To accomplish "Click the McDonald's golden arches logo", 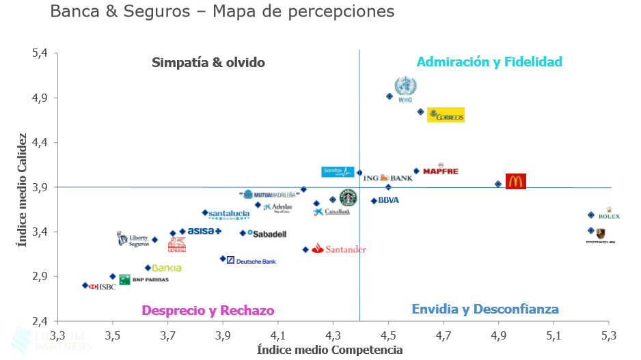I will tap(515, 182).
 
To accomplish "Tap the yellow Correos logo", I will tap(446, 115).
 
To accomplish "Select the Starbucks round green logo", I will tap(348, 198).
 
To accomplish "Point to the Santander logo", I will tap(339, 249).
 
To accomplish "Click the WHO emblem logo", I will tap(405, 88).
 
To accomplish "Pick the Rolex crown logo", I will tap(608, 213).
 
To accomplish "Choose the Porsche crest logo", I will tap(601, 234).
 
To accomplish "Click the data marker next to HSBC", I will tap(85, 286).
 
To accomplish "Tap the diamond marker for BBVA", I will tap(374, 201).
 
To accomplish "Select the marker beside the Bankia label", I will tap(148, 268).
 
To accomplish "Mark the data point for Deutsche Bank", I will tap(223, 259).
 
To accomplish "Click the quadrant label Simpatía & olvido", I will tap(208, 63).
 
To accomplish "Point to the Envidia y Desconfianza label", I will tap(485, 309).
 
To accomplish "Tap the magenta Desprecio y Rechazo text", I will tap(208, 310).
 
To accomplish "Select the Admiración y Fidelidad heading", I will tap(489, 62).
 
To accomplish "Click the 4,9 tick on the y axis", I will tap(40, 98).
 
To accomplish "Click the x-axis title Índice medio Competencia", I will tap(329, 350).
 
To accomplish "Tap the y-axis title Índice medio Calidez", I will tap(23, 189).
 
